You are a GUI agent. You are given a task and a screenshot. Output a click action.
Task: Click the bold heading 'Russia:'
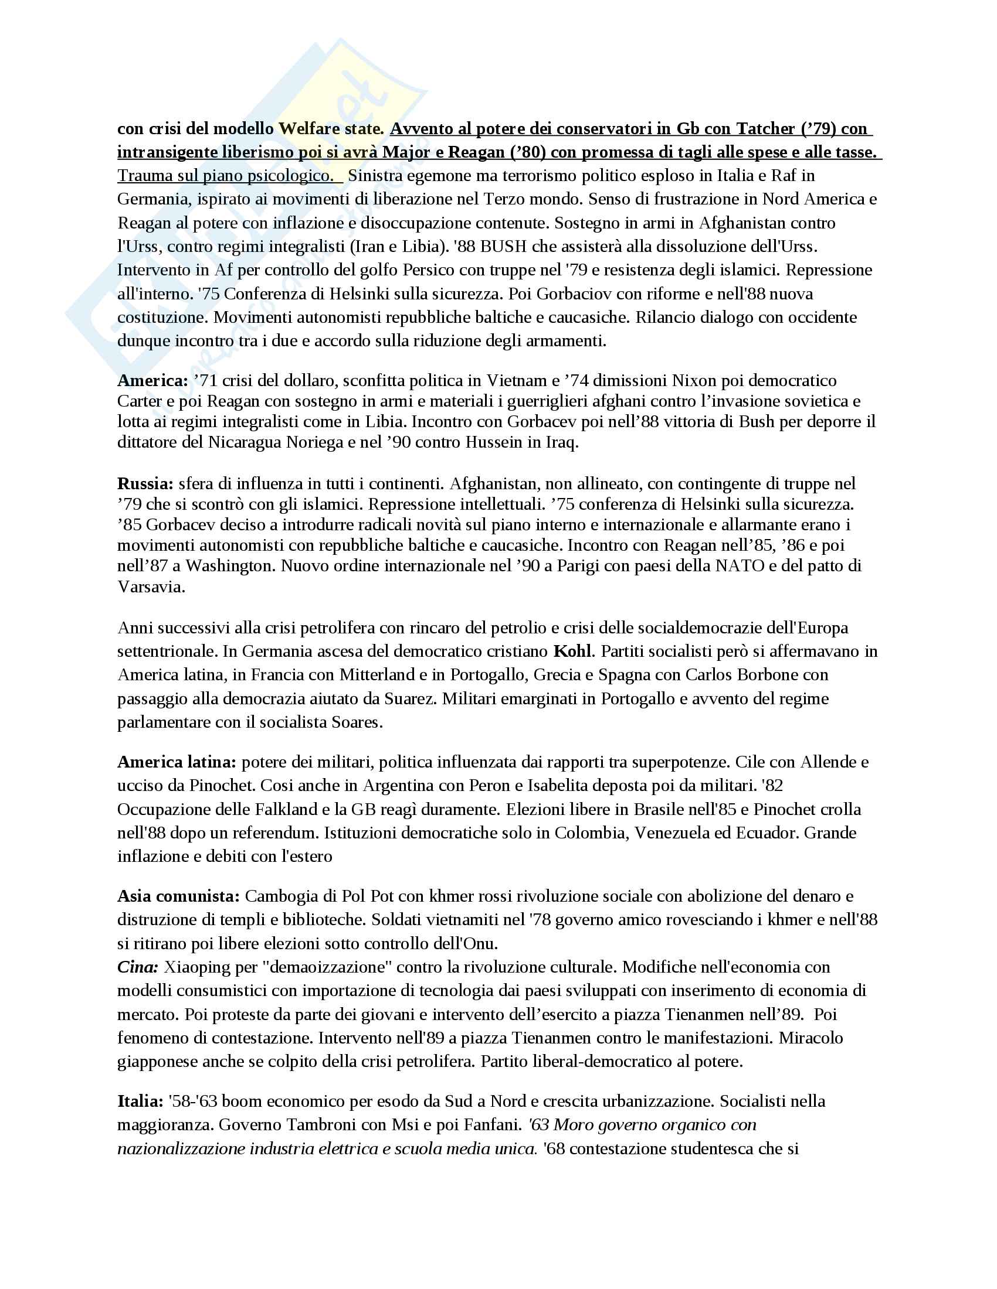coord(145,483)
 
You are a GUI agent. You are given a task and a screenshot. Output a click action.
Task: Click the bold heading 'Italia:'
coord(140,1101)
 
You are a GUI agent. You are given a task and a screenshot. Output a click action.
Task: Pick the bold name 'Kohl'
coord(572,651)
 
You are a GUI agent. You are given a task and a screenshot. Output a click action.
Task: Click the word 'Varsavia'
coord(151,586)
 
